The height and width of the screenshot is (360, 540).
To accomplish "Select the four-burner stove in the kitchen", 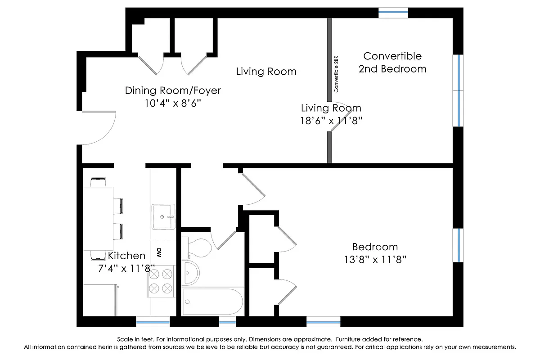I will tap(162, 281).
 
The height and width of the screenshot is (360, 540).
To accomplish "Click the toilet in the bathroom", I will tap(198, 247).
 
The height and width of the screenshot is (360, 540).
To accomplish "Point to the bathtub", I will tap(213, 301).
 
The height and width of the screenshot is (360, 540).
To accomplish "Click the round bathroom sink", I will tap(191, 272).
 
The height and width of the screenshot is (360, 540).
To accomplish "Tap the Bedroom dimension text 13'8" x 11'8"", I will tap(375, 259).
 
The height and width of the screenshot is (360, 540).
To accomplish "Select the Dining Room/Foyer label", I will tap(173, 90).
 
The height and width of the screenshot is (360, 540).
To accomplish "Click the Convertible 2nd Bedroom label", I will tap(392, 63).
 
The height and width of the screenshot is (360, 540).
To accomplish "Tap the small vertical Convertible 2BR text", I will tap(336, 75).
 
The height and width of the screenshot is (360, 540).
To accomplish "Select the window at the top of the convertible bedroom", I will tap(393, 13).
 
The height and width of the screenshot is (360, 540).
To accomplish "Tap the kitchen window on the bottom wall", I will tap(153, 321).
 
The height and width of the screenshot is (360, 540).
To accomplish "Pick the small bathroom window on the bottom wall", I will tap(227, 321).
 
